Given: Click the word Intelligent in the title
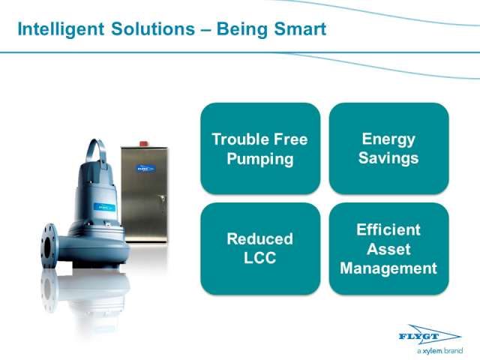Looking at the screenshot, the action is (61, 30).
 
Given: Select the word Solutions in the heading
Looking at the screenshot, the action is (153, 29).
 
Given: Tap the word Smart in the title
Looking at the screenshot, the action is (300, 29).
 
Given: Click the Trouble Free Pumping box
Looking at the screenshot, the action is (260, 148).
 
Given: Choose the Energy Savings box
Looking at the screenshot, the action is (388, 148).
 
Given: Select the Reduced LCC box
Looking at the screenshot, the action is (260, 248).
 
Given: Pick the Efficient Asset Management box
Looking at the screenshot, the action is (388, 248).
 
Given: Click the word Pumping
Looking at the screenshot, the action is (260, 159).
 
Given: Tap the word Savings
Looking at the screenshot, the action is (388, 158).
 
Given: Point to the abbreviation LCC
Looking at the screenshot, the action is (260, 258).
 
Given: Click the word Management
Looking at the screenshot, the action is (388, 268).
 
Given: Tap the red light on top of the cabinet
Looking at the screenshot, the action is (144, 143).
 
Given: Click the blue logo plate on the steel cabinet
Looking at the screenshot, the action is (145, 168).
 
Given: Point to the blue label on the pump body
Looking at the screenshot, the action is (104, 207).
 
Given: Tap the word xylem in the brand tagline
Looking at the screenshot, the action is (433, 351).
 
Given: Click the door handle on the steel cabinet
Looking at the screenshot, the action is (163, 199).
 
